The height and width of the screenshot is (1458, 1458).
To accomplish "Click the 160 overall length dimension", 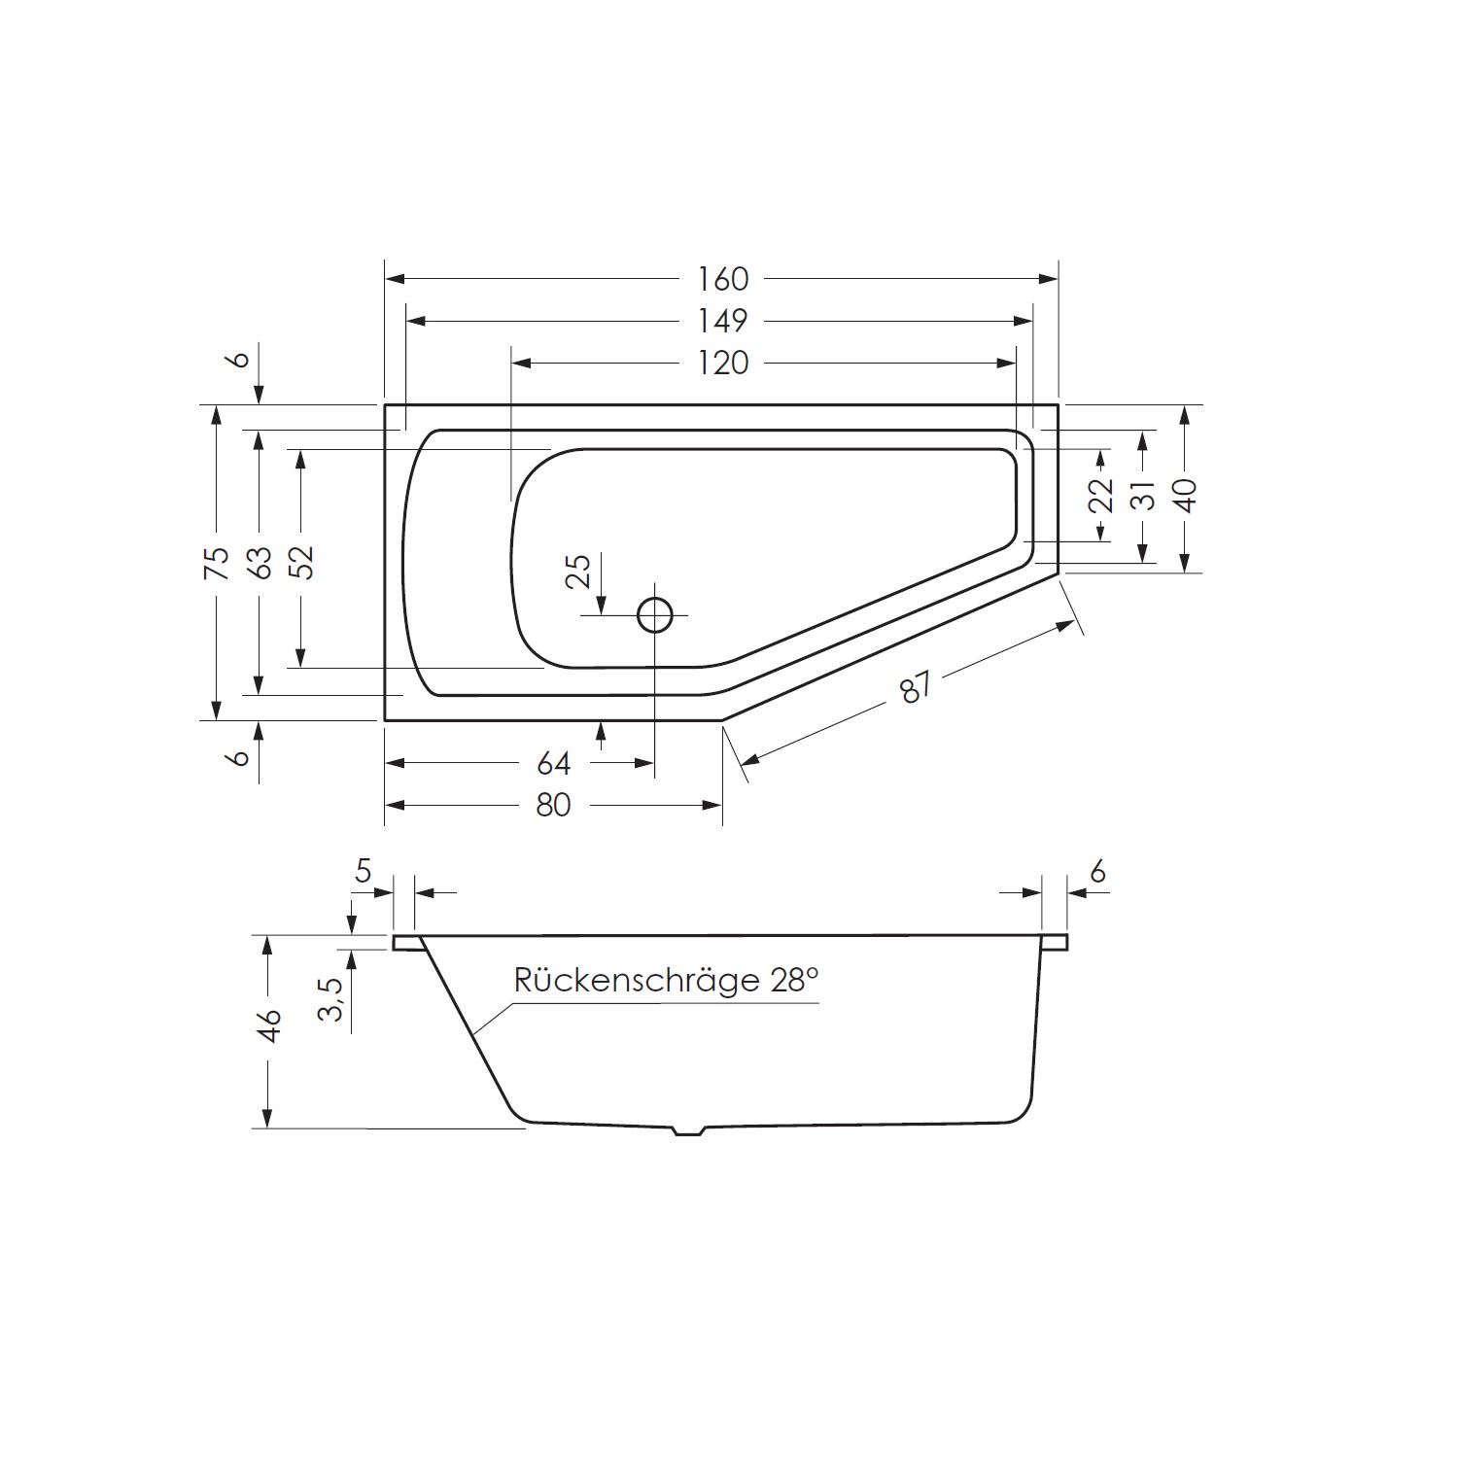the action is coord(723,279).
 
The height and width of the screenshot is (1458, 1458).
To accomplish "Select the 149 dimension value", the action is coord(723,320).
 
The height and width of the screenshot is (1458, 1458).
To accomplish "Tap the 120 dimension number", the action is coord(723,363).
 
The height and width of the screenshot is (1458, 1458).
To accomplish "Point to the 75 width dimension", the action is coord(216,563).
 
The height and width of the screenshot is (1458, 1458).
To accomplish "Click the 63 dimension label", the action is coord(259,563).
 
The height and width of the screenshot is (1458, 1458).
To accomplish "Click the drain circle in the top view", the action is coord(655,614).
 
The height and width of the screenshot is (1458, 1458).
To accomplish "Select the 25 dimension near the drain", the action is coord(577,572).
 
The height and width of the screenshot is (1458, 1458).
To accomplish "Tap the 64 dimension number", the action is coord(553,764).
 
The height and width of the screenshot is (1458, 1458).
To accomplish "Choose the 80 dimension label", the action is coord(553,806).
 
